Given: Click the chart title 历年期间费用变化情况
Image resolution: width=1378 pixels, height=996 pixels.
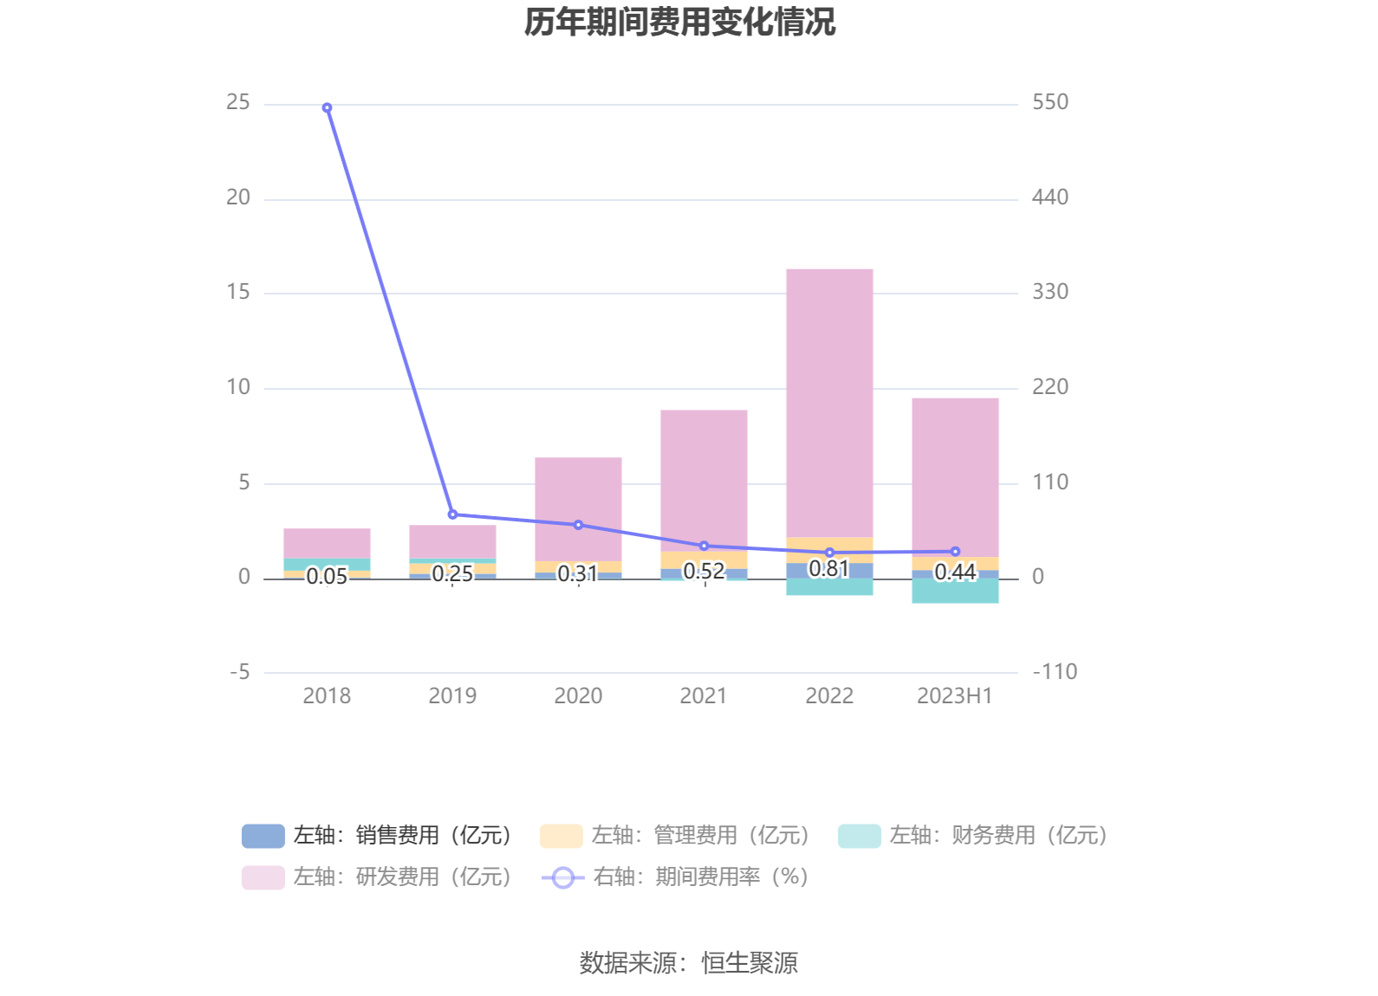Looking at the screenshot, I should [x=679, y=23].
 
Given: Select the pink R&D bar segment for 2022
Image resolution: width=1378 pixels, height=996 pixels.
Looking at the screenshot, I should [x=829, y=403].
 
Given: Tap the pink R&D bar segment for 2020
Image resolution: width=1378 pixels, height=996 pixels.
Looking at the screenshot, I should [x=578, y=508].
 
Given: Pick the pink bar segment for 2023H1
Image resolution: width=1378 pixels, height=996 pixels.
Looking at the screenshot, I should [x=955, y=476].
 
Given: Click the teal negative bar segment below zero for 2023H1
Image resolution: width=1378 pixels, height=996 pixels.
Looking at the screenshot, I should [x=955, y=591].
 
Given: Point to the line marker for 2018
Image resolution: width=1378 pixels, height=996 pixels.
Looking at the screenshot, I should [x=327, y=108].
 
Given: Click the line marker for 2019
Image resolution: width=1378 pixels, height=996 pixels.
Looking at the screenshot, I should [x=452, y=514].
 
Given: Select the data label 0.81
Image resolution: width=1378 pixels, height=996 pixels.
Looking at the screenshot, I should [x=829, y=569].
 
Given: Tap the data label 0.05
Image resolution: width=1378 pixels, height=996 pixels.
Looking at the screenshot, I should [x=327, y=577].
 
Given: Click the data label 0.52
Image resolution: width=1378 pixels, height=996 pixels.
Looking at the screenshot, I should [x=704, y=572].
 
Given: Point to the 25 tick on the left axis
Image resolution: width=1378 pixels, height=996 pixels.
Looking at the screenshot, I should [x=237, y=103].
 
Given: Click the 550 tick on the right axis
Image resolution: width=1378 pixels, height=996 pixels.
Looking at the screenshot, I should [x=1050, y=103].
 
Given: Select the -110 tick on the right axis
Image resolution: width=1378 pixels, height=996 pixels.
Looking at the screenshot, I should [x=1054, y=672].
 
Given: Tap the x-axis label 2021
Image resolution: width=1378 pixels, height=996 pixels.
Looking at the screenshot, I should [x=704, y=696].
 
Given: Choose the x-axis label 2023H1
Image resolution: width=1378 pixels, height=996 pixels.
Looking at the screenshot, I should [x=954, y=696].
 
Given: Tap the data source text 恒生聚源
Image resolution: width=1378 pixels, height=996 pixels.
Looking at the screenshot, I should [x=749, y=963].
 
